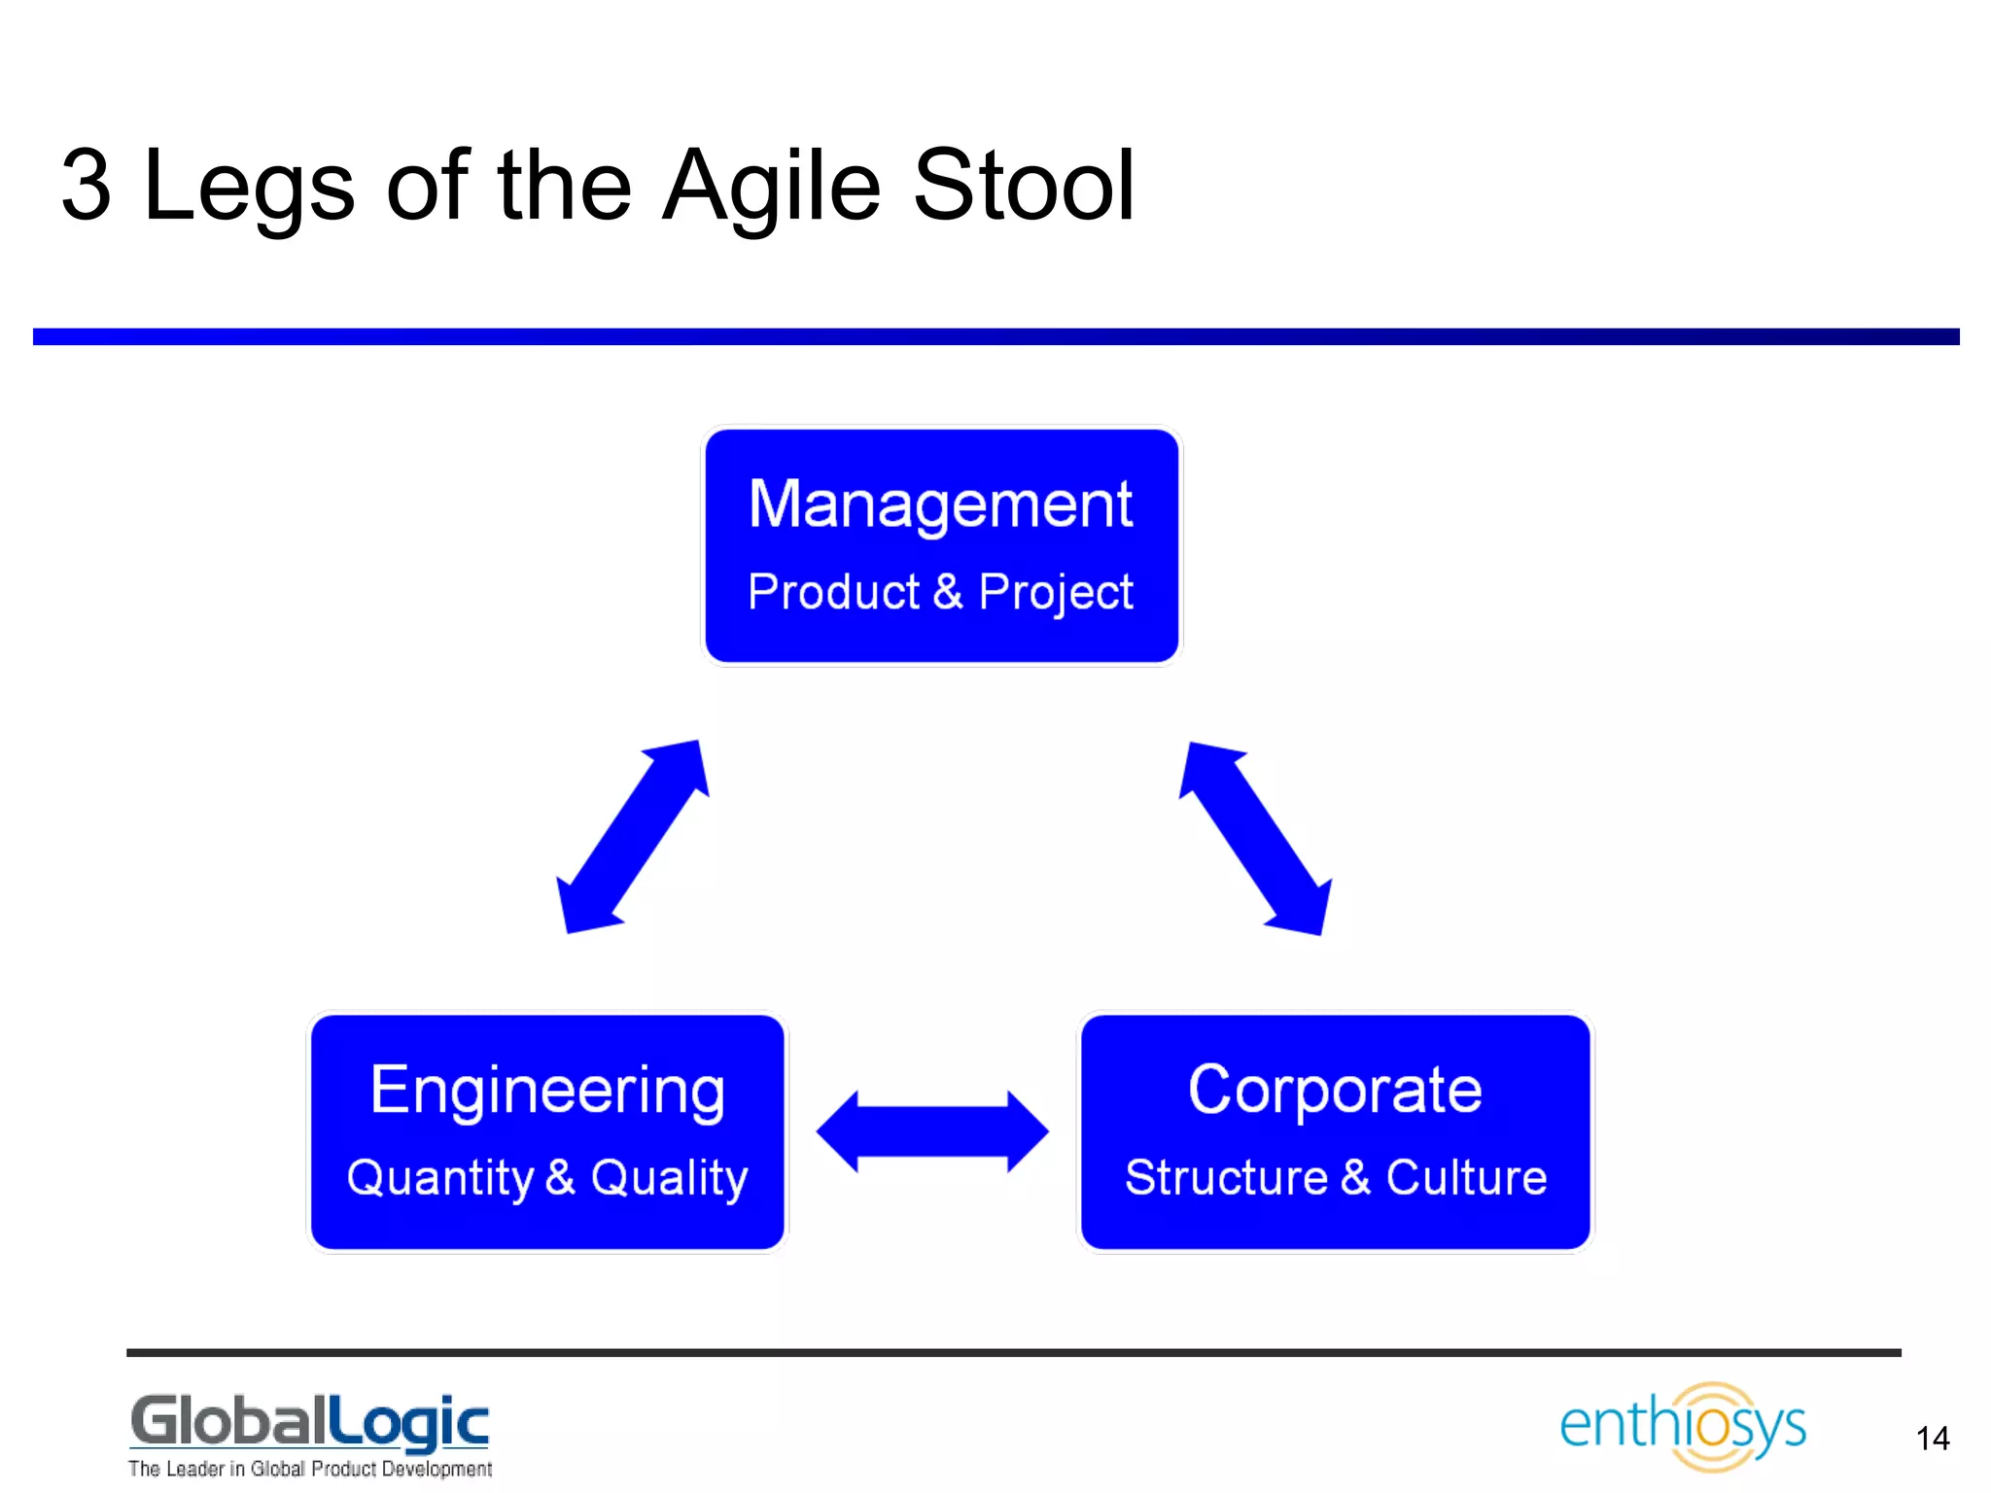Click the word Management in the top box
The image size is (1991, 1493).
point(940,505)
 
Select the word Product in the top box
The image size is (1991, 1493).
point(833,592)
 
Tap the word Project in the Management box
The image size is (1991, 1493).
point(1056,592)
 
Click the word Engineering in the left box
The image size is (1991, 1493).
point(547,1091)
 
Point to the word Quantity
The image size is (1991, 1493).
point(440,1178)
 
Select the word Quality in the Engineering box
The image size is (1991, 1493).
point(669,1178)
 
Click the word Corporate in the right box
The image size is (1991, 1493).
point(1335,1090)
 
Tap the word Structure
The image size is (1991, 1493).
point(1226,1177)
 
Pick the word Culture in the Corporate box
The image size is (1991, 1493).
point(1466,1177)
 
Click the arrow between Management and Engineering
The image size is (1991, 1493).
point(633,837)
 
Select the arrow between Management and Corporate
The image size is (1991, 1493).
point(1255,838)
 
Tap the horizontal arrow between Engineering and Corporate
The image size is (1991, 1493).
point(932,1131)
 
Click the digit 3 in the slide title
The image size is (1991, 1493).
point(86,185)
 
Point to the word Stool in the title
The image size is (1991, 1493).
point(1024,185)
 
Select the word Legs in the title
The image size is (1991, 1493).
point(249,185)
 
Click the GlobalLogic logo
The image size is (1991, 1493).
point(310,1422)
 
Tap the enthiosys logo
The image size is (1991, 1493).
point(1683,1426)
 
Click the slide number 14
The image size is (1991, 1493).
point(1933,1439)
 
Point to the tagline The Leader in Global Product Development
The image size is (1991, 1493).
point(310,1469)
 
